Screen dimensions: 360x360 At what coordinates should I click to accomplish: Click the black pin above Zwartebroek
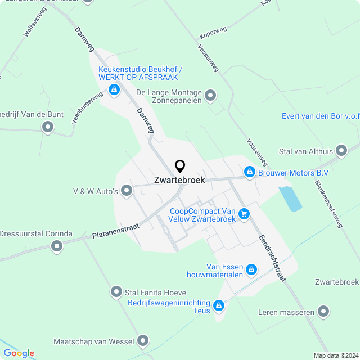coord(180,166)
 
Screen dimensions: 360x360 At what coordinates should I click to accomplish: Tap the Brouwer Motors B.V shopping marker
coord(249,172)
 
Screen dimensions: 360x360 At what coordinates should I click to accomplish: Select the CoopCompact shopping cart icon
coord(244,214)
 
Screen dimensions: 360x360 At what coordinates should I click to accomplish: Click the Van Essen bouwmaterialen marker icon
coord(251,271)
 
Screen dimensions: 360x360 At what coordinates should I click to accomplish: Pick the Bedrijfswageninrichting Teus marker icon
coord(218,306)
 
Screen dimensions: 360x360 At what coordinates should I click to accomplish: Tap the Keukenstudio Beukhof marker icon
coord(114,89)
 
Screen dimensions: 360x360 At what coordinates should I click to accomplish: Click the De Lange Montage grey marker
coord(210,96)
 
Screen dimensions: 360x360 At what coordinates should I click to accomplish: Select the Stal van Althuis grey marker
coord(341,150)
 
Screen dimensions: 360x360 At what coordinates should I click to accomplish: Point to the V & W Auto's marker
coord(127,191)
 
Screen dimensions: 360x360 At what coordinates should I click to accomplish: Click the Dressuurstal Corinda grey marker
coord(56,246)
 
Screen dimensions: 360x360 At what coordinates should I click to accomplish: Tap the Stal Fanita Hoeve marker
coord(116,291)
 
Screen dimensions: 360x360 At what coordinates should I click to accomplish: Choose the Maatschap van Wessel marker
coord(143,340)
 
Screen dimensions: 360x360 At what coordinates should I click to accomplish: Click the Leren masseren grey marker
coord(323,311)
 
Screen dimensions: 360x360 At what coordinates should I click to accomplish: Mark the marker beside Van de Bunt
coord(48,127)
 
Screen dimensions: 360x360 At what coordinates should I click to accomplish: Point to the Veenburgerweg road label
coord(80,107)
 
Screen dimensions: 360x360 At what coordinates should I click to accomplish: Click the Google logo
coord(19,353)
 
